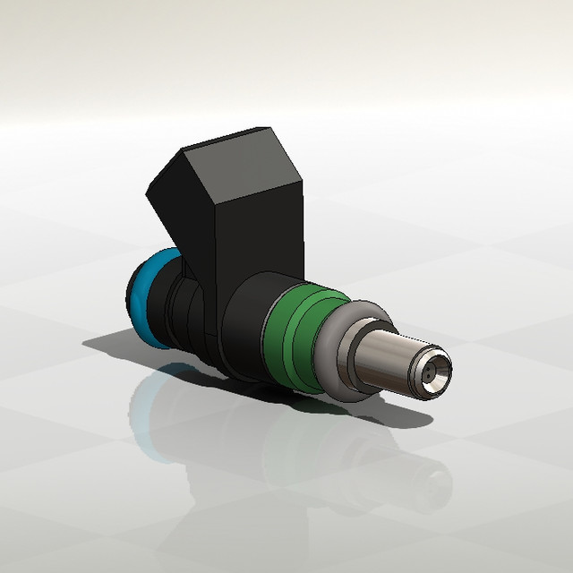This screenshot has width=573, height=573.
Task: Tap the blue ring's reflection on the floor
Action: pos(148,403)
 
